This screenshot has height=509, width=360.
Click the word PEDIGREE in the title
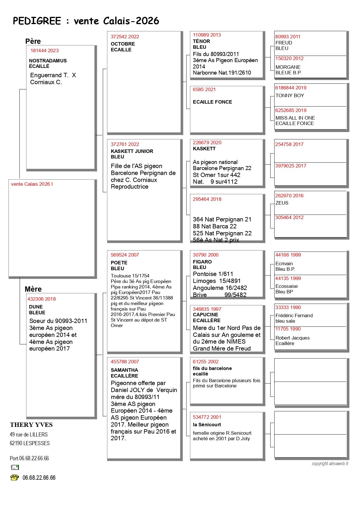tap(37, 21)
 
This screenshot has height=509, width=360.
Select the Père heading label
tap(33, 41)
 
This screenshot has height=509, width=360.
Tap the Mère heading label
tap(33, 289)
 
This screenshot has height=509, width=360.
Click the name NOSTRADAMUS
tap(48, 61)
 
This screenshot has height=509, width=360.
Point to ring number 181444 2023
tap(44, 50)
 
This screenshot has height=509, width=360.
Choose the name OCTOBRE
tap(123, 44)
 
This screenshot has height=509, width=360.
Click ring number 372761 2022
tap(125, 144)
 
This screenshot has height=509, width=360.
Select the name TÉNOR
tap(201, 41)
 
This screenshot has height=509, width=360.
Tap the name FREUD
tap(284, 43)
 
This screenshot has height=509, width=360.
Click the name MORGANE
tap(288, 67)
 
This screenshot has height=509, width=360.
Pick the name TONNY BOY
tap(290, 95)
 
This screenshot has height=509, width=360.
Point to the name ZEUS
tap(282, 203)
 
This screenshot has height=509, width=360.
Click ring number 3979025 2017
tap(291, 166)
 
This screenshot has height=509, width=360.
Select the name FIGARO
tap(202, 262)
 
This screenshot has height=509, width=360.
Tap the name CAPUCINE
tap(205, 315)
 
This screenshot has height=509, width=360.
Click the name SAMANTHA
tap(124, 370)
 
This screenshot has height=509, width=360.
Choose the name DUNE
tap(36, 307)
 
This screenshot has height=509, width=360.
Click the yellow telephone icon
tap(15, 478)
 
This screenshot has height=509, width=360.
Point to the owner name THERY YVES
tap(31, 425)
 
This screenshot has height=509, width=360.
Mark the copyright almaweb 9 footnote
tap(330, 463)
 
